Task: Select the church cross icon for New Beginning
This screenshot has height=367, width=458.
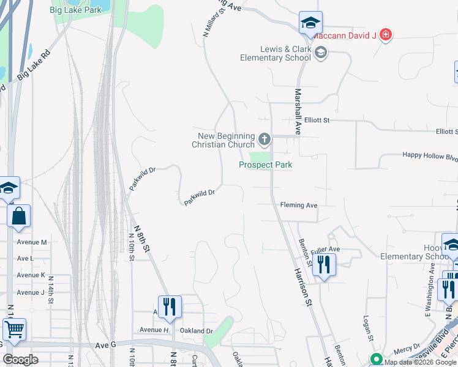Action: pos(265,139)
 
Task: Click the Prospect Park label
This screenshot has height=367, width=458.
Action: pos(265,165)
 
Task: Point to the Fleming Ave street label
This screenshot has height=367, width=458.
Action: pos(299,206)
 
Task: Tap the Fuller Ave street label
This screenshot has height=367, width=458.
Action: pos(325,250)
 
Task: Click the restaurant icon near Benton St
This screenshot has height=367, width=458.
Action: pos(324,265)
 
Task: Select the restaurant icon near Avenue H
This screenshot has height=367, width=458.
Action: pos(170,306)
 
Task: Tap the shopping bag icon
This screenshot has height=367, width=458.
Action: pos(19,216)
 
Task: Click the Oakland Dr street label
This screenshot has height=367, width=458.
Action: pos(196,331)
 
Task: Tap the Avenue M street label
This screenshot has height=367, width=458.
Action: pos(32,242)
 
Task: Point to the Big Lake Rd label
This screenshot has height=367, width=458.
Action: pos(36,64)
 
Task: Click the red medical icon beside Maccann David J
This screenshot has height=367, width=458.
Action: pos(385,35)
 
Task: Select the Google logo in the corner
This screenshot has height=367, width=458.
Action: pos(20,359)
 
